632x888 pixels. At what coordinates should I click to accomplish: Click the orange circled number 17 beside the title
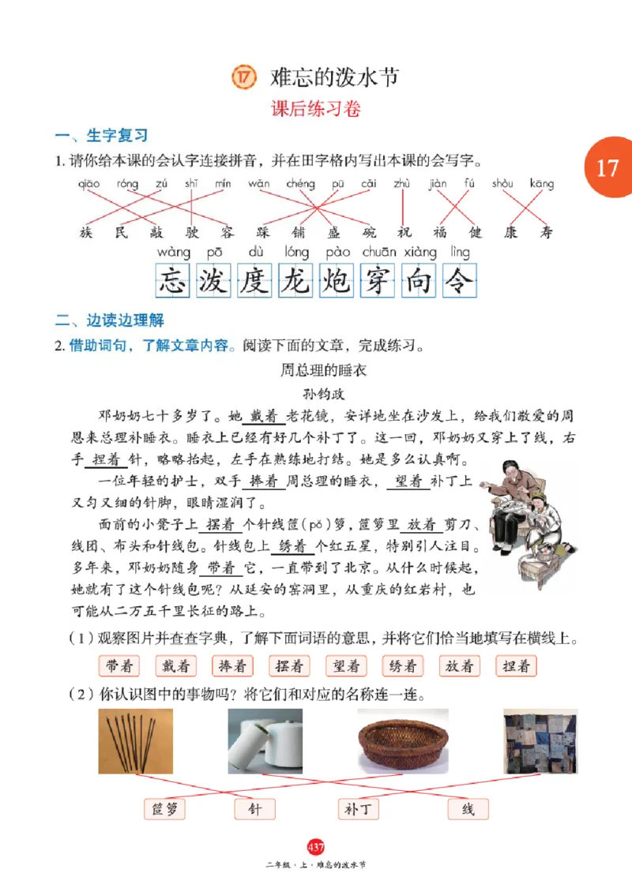point(243,77)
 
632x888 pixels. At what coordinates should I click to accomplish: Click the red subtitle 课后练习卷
point(316,109)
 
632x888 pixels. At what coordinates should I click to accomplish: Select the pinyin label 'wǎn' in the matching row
point(258,184)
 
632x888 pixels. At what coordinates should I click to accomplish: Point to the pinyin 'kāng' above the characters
point(542,184)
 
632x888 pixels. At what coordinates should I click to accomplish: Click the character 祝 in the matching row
point(404,232)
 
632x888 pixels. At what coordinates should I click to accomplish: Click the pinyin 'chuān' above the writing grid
point(378,253)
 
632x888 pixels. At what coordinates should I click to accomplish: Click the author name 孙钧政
point(315,392)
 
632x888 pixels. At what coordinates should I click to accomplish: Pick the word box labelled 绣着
point(403,666)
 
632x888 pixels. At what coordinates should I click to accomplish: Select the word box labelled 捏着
point(517,666)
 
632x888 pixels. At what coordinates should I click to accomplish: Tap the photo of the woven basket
point(402,741)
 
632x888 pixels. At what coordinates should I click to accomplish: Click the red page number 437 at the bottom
point(316,847)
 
